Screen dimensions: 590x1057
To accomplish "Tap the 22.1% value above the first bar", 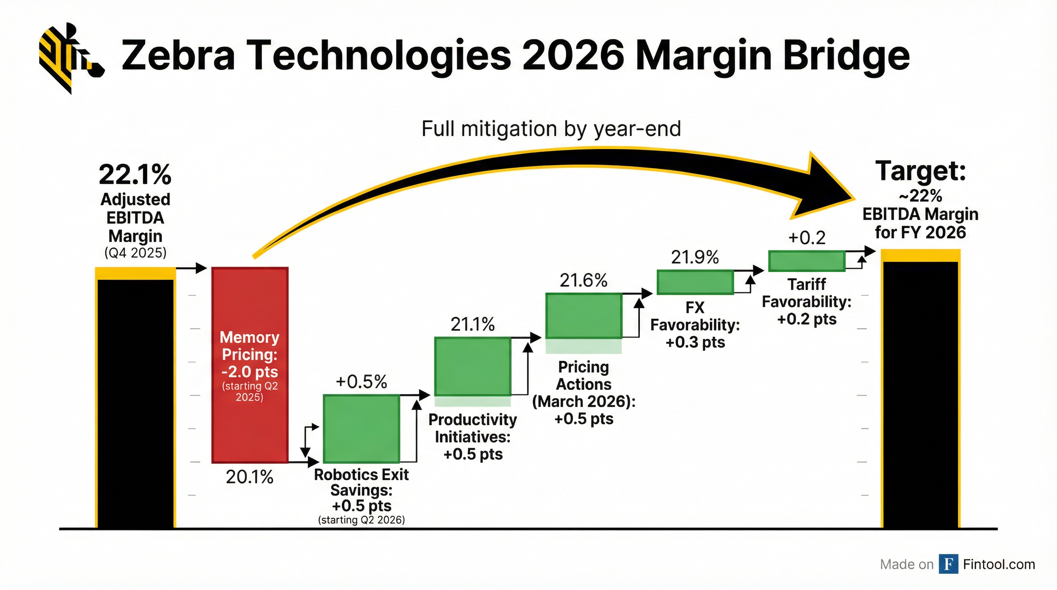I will [x=135, y=174].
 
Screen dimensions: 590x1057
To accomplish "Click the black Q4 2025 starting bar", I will [x=136, y=402].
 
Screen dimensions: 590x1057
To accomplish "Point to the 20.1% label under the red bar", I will [x=250, y=477].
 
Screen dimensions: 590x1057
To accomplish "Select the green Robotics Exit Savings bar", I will [x=361, y=429].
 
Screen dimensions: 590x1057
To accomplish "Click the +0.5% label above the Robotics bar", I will [x=361, y=382].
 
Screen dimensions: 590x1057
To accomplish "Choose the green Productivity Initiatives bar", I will [x=472, y=366].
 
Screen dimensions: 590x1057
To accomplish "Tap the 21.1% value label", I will [x=473, y=325].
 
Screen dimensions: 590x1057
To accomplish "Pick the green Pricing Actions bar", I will [x=583, y=315].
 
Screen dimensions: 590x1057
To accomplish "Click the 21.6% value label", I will [x=583, y=281].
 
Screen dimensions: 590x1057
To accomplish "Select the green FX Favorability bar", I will [x=695, y=282].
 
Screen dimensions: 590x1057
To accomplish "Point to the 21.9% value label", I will [x=695, y=258].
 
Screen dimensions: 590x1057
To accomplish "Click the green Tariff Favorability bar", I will [x=806, y=261].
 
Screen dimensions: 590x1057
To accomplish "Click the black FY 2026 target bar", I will [x=920, y=394].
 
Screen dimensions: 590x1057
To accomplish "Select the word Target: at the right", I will [x=920, y=171].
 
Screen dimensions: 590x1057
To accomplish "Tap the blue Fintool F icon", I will [x=948, y=564].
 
